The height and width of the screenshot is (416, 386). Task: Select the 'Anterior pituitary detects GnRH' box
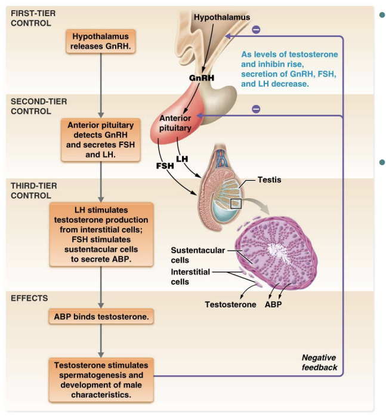101,140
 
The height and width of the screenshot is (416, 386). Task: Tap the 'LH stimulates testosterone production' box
101,233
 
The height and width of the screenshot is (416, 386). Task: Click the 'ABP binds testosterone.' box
101,317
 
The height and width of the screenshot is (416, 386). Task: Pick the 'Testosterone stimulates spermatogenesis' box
101,378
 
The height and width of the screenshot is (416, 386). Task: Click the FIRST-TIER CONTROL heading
31,17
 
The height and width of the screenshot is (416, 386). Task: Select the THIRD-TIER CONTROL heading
35,190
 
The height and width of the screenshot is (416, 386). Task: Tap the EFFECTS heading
28,298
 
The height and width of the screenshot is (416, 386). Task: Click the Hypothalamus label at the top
222,17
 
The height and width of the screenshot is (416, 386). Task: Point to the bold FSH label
165,165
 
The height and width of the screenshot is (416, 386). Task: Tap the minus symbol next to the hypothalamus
256,29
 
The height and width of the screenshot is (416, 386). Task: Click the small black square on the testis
237,204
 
